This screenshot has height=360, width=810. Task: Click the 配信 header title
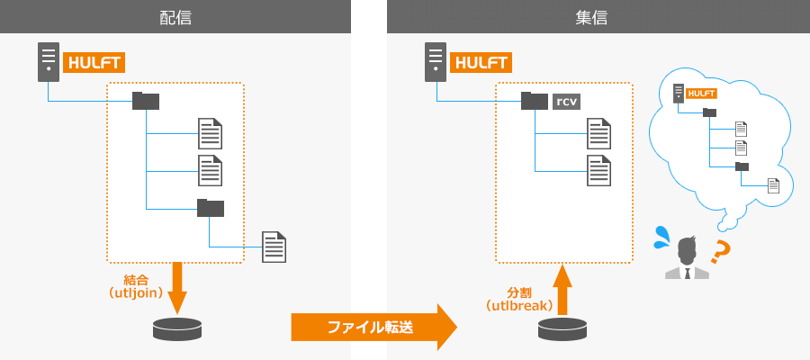click(x=175, y=17)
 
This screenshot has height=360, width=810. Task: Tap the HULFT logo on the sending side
click(x=94, y=62)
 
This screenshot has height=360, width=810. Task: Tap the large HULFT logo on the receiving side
click(x=481, y=62)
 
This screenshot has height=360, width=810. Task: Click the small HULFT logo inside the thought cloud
click(x=701, y=94)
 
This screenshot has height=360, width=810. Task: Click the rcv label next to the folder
click(x=567, y=102)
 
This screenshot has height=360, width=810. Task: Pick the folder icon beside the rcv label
click(x=535, y=101)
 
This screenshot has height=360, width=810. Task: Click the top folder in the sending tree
click(x=146, y=101)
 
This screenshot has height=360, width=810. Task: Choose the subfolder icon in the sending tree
click(x=211, y=207)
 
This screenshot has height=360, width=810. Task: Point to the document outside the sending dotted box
click(x=274, y=247)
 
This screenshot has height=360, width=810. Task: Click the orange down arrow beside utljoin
click(x=177, y=287)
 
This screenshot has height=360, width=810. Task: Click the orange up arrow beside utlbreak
click(x=562, y=289)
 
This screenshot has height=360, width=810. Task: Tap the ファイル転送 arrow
click(x=374, y=327)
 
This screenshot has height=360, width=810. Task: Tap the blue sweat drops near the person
click(x=661, y=237)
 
